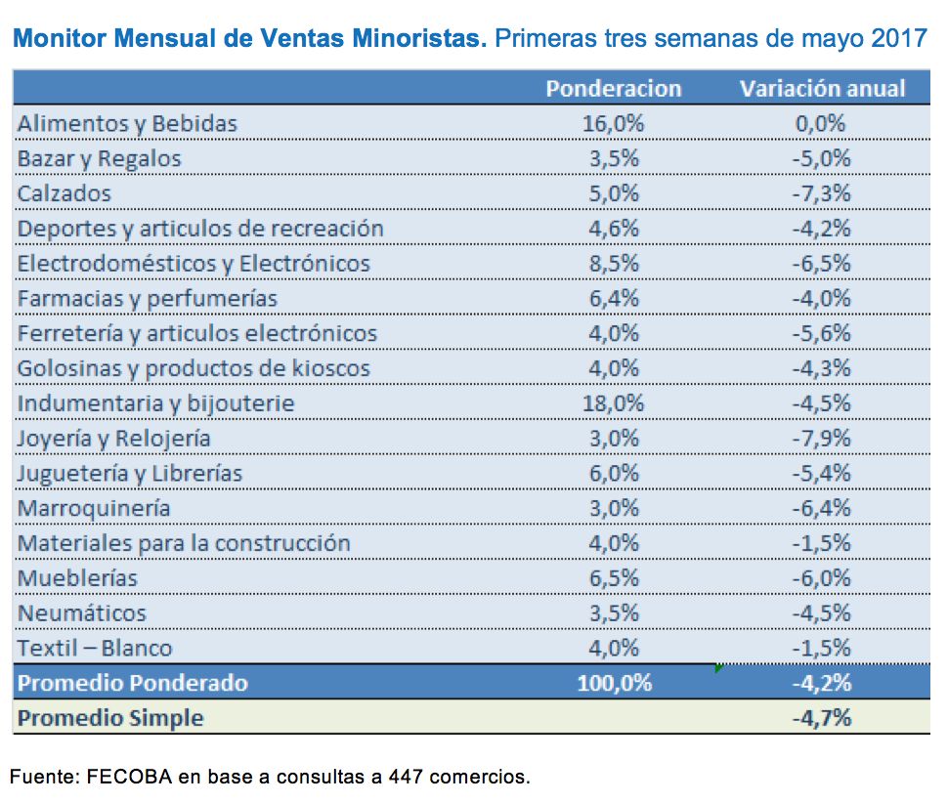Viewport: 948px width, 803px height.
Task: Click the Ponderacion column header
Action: click(613, 88)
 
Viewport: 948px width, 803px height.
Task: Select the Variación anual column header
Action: click(822, 88)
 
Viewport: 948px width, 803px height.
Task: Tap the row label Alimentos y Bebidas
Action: click(127, 123)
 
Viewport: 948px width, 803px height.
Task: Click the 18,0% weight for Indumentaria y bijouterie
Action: click(614, 403)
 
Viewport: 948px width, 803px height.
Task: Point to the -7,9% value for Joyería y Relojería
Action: click(821, 439)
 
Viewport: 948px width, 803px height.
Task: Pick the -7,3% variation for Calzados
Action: click(821, 193)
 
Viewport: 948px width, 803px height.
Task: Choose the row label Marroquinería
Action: click(94, 508)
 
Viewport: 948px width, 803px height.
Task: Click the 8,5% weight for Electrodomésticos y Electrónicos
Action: click(614, 264)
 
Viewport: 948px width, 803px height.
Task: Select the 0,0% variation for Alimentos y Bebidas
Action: click(821, 123)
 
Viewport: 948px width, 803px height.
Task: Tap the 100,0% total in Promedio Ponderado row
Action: click(614, 683)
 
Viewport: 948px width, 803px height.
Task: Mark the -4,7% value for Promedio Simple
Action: click(821, 718)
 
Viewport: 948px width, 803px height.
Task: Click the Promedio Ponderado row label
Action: click(133, 683)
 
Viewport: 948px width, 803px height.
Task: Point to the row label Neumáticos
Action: click(82, 613)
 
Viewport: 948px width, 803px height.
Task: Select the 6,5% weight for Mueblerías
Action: click(614, 578)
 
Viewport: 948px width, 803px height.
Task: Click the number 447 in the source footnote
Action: click(405, 778)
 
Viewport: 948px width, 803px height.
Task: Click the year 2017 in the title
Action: click(901, 40)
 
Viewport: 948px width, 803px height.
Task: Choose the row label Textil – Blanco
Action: click(95, 648)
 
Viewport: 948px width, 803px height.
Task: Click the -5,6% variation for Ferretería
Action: click(821, 333)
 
